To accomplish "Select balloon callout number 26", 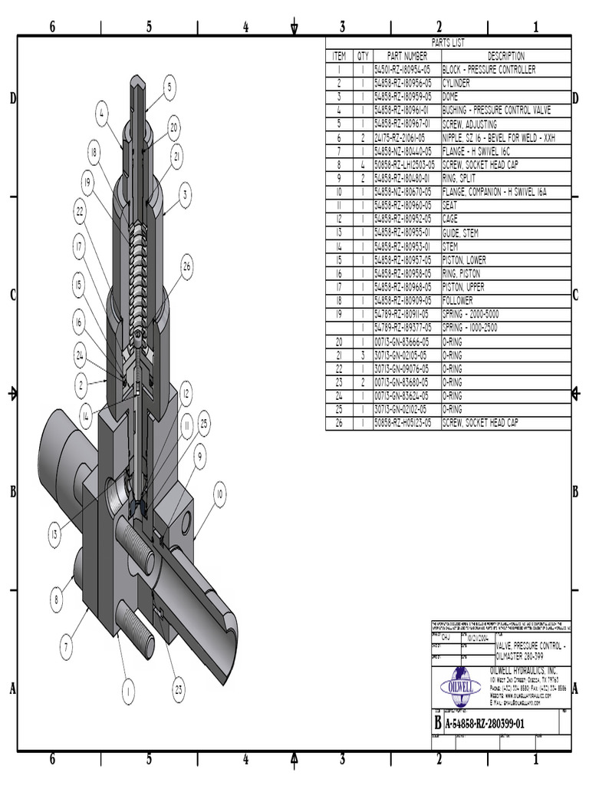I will pyautogui.click(x=186, y=266).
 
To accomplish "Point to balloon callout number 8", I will pyautogui.click(x=56, y=599).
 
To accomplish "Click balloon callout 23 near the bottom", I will pyautogui.click(x=179, y=689).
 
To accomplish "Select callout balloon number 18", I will pyautogui.click(x=94, y=153).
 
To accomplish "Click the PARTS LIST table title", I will pyautogui.click(x=448, y=44).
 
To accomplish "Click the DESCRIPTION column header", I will pyautogui.click(x=506, y=56).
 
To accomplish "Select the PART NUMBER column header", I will pyautogui.click(x=406, y=56).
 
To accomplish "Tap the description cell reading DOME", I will pyautogui.click(x=450, y=97).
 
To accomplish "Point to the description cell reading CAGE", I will pyautogui.click(x=450, y=219).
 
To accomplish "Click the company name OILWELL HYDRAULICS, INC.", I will pyautogui.click(x=528, y=669).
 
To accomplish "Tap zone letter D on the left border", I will pyautogui.click(x=12, y=98).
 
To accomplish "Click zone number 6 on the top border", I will pyautogui.click(x=52, y=27).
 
